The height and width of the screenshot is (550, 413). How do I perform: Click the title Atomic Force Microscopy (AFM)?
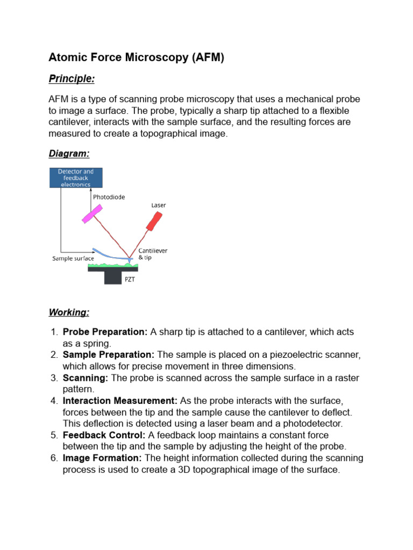136,57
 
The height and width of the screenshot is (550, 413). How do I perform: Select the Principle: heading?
72,79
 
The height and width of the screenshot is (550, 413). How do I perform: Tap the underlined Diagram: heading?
69,154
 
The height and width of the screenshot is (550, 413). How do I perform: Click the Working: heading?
69,312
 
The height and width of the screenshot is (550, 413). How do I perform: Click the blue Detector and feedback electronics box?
76,178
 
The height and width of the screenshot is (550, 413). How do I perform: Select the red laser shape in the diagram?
154,221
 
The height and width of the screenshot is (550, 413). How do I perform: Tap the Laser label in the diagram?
159,205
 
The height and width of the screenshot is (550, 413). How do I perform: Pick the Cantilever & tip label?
153,254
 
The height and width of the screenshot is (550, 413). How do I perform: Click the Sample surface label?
73,258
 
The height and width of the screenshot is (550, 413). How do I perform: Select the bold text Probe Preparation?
105,332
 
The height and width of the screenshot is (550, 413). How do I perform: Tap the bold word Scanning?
86,378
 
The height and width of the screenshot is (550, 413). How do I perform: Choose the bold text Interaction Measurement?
120,401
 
